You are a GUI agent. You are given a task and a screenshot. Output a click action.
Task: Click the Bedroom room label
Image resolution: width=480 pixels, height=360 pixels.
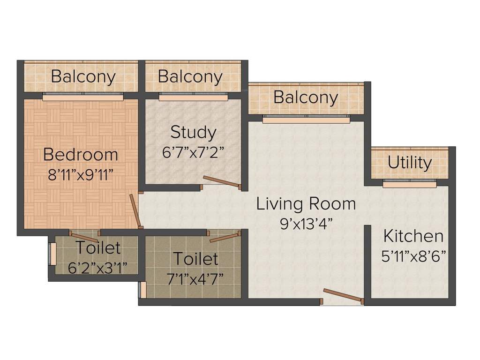(81, 154)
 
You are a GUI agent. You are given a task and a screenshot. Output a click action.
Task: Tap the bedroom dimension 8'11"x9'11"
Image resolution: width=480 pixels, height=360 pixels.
(81, 174)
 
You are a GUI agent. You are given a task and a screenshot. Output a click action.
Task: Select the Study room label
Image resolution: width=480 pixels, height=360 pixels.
(193, 132)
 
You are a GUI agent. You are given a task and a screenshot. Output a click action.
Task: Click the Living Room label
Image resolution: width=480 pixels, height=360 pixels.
(306, 204)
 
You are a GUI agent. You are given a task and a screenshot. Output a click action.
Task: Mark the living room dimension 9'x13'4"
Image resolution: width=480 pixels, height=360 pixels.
(306, 224)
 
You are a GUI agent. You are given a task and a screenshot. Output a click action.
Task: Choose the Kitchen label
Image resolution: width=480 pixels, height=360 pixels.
(413, 236)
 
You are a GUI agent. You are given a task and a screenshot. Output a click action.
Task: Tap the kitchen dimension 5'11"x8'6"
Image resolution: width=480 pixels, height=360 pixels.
(413, 256)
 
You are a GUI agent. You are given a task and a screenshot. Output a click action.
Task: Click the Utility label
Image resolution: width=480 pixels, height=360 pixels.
(410, 163)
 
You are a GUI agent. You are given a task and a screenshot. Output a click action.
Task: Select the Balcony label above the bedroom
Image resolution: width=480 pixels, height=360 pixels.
(83, 76)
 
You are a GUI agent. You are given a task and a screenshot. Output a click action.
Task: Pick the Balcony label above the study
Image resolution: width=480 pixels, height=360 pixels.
(190, 76)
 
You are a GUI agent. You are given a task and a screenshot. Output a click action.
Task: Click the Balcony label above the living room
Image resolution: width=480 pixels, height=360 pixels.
(306, 97)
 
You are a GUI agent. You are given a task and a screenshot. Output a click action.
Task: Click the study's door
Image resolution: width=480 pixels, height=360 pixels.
(222, 182)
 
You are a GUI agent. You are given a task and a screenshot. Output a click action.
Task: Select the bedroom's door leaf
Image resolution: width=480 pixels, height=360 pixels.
(135, 210)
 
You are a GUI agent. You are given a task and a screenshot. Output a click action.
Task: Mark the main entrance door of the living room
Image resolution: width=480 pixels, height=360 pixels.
(342, 296)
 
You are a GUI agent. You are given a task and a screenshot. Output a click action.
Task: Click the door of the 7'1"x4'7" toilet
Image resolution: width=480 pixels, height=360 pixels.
(225, 237)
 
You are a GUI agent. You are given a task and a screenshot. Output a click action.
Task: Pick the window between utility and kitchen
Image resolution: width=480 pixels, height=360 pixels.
(409, 184)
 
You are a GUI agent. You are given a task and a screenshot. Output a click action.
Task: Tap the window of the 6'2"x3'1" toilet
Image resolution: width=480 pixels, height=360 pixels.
(52, 254)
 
